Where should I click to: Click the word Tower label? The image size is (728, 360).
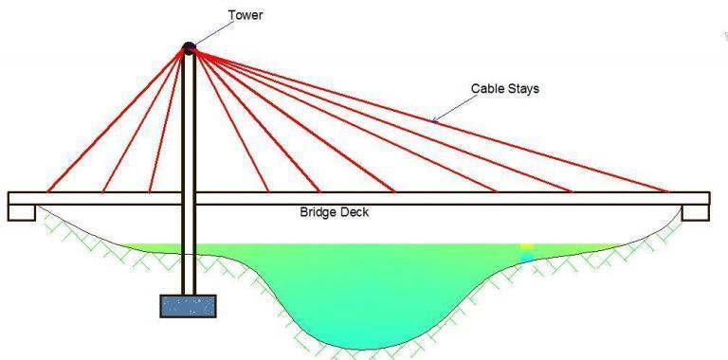[246, 15]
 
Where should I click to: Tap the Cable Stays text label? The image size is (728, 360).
[505, 89]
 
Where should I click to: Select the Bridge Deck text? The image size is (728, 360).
[334, 212]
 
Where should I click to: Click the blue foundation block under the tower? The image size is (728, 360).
[188, 305]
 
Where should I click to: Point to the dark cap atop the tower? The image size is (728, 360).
[188, 47]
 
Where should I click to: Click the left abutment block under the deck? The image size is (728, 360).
[22, 211]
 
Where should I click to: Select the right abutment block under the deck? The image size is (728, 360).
[695, 211]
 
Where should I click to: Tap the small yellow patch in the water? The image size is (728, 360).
[527, 246]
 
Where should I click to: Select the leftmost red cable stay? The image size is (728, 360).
[114, 120]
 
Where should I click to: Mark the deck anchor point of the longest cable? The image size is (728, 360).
[669, 191]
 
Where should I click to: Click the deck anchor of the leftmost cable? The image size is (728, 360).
[46, 191]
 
